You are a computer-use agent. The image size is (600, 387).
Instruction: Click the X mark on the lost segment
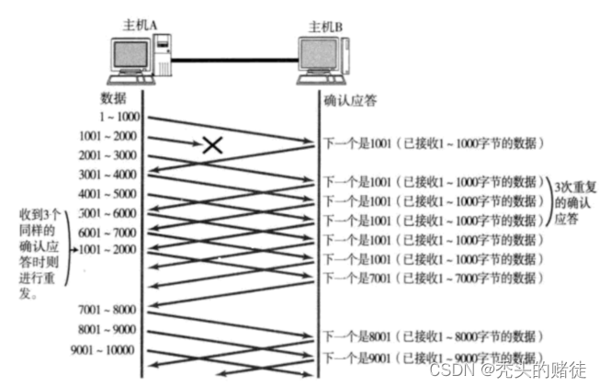(213, 144)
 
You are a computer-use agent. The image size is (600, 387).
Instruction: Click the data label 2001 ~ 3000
(107, 155)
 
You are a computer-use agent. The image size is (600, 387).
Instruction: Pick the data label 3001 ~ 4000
(107, 175)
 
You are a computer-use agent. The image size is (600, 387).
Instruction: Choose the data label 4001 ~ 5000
(107, 194)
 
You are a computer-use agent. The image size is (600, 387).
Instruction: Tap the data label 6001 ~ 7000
(107, 233)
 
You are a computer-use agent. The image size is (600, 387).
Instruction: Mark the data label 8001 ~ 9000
(107, 328)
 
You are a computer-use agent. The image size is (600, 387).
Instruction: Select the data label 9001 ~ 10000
(102, 349)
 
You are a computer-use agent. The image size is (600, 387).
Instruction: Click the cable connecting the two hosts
(234, 61)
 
